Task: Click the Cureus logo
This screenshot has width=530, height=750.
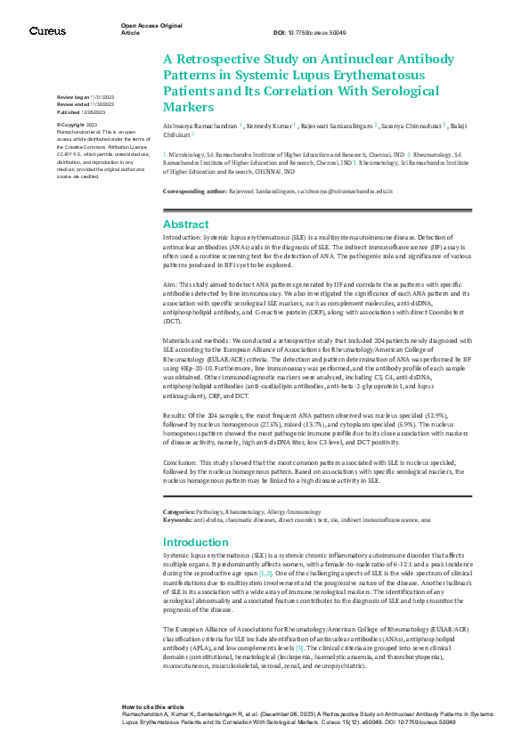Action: click(47, 31)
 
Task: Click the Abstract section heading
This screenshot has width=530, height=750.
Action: click(185, 224)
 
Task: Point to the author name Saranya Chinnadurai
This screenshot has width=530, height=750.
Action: click(412, 126)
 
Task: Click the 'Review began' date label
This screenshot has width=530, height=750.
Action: click(72, 95)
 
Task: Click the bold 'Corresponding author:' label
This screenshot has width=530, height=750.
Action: click(195, 192)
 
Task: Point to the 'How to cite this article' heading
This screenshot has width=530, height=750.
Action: click(154, 704)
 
